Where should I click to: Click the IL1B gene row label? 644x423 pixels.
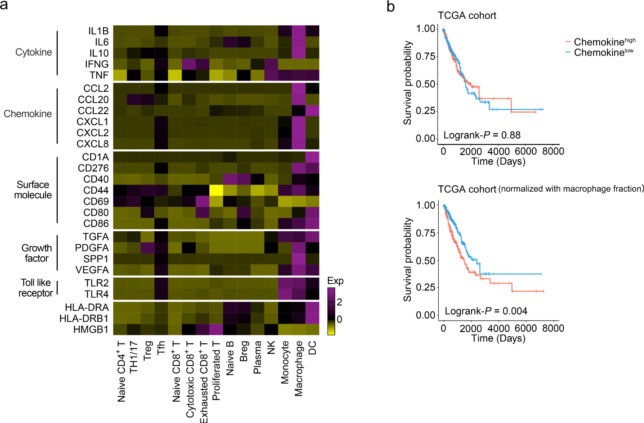[x=98, y=31]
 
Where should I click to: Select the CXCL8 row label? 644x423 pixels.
[x=93, y=144]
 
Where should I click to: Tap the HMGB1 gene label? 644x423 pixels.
[x=91, y=330]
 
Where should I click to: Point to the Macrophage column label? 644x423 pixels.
[x=299, y=368]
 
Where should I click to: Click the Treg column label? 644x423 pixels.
[x=148, y=351]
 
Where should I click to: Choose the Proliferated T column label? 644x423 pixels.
[x=216, y=371]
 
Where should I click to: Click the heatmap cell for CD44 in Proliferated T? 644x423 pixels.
[x=216, y=191]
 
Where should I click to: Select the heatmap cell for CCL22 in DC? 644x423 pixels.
[x=312, y=111]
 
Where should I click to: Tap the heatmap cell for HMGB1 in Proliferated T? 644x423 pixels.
[x=216, y=330]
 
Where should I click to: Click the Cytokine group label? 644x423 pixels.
[x=34, y=52]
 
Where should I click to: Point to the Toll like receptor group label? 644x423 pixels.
[x=36, y=288]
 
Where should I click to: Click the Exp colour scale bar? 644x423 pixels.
[x=331, y=311]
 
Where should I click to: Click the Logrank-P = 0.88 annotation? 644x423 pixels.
[x=482, y=135]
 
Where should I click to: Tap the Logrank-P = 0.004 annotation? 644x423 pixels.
[x=486, y=311]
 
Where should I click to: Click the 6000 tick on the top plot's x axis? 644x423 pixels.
[x=526, y=151]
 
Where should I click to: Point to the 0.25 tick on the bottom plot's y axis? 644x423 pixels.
[x=426, y=288]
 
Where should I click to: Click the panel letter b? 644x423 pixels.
[x=390, y=7]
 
